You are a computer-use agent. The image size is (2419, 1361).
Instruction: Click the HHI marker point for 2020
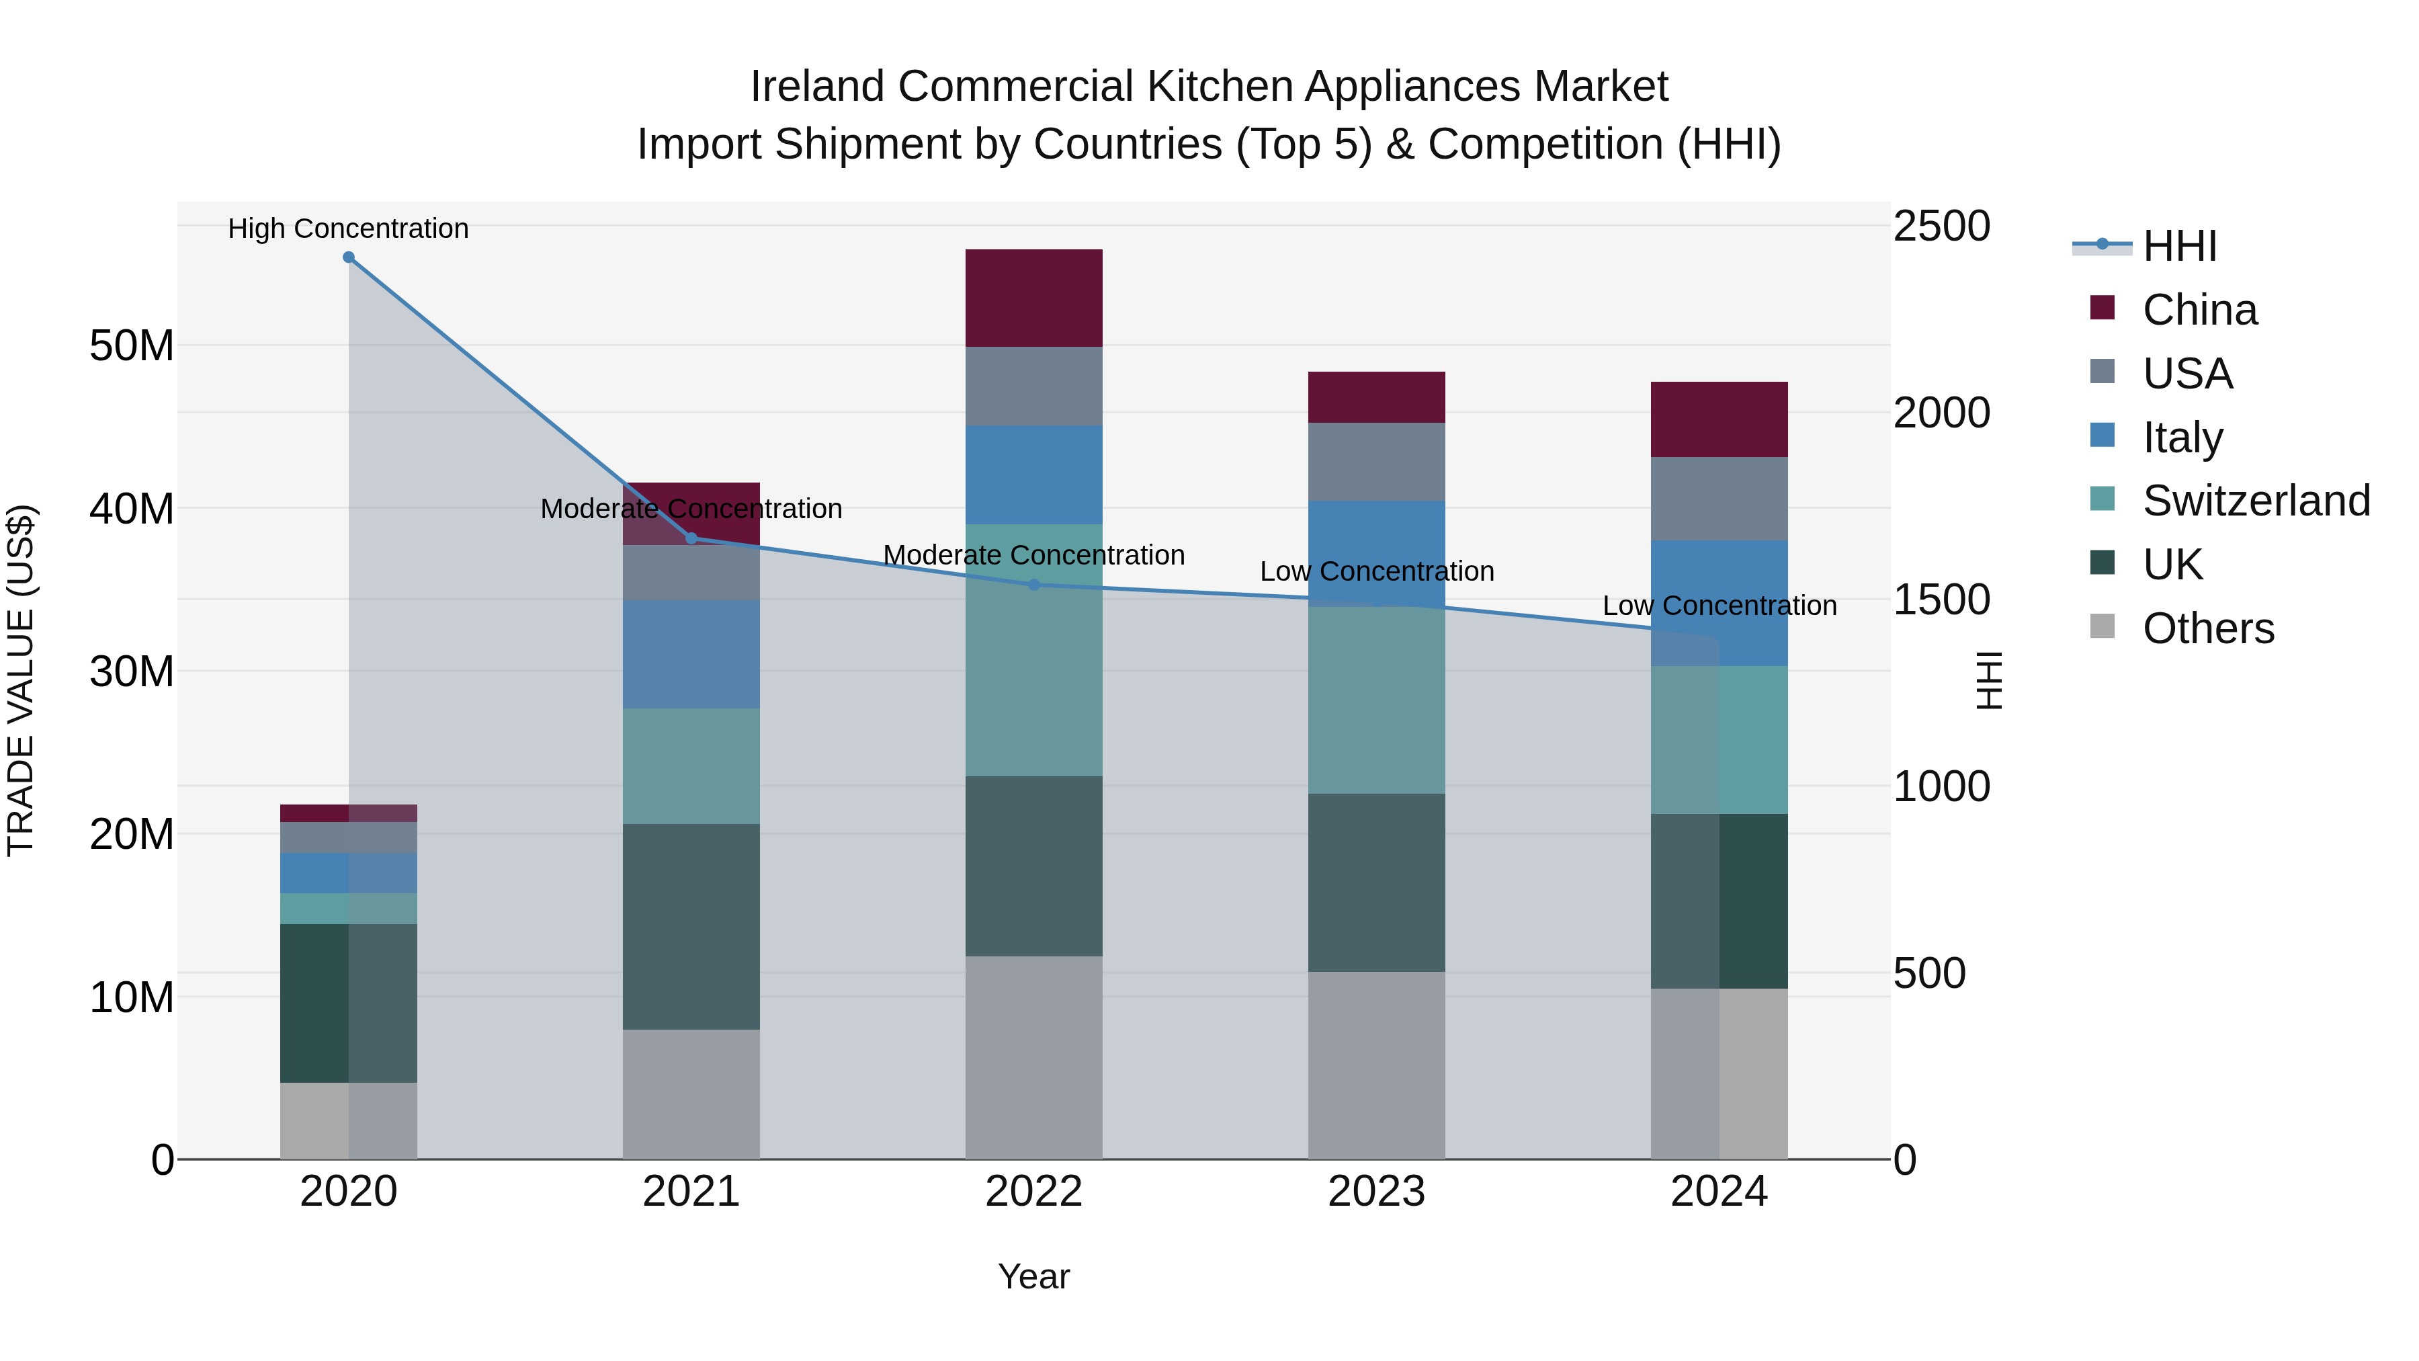[x=348, y=257]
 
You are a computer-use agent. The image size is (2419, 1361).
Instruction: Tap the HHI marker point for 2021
[x=691, y=538]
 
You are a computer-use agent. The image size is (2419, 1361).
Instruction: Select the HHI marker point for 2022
[x=1034, y=585]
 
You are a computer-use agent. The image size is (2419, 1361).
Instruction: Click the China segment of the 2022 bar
[x=1034, y=298]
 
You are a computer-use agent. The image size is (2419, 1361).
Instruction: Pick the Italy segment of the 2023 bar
[x=1377, y=552]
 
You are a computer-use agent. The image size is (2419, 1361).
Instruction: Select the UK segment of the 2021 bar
[x=691, y=926]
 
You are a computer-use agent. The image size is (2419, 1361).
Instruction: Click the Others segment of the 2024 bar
[x=1720, y=1073]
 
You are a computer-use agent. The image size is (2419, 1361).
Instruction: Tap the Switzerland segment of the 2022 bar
[x=1034, y=650]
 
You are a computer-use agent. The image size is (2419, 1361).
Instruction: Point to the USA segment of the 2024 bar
[x=1720, y=499]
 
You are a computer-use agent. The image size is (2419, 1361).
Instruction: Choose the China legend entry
[x=2199, y=310]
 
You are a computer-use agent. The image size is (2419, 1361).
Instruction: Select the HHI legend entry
[x=2178, y=246]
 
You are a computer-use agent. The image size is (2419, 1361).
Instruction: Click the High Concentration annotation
[x=348, y=229]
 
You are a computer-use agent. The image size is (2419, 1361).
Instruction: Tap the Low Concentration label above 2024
[x=1720, y=606]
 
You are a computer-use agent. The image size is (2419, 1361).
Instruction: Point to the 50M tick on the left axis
[x=132, y=345]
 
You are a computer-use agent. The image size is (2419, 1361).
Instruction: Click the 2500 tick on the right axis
[x=1941, y=226]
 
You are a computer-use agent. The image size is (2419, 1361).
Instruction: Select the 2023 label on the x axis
[x=1377, y=1192]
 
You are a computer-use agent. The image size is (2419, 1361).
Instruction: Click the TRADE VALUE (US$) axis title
[x=21, y=680]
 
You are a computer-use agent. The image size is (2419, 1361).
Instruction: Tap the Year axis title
[x=1034, y=1276]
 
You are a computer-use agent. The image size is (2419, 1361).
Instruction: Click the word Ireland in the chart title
[x=817, y=87]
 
